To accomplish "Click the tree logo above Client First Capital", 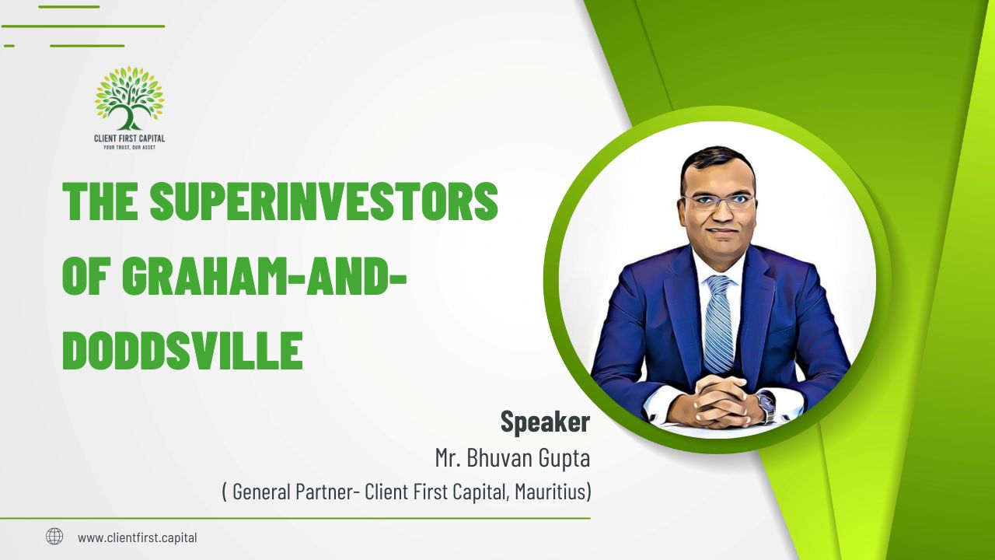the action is [129, 98].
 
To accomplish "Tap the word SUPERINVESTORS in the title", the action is [323, 201].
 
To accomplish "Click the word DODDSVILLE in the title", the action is [183, 351].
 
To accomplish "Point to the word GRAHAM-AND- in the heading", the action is [265, 276].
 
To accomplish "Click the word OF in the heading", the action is [86, 276].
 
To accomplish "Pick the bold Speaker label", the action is [545, 422].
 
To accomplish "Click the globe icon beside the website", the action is [54, 537].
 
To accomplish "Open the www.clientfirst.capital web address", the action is [138, 537].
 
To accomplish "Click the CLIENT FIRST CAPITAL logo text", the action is [129, 138].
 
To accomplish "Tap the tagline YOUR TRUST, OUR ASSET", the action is [129, 148].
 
